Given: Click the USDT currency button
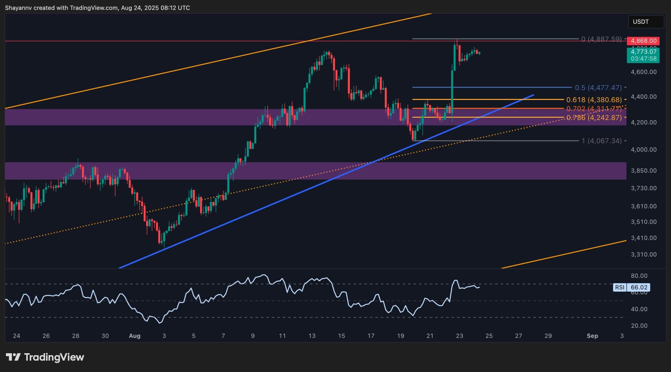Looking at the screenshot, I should coord(646,22).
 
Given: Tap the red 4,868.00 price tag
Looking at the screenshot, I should coord(643,41).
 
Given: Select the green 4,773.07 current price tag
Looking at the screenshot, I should coord(643,52).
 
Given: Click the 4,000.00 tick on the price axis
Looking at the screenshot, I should coord(643,149).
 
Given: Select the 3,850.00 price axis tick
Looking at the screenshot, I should coord(643,170).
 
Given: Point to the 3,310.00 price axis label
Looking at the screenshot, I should coord(643,254).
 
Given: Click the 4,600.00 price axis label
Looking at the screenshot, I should coord(643,72).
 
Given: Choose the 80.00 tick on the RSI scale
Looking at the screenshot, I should coord(639,276).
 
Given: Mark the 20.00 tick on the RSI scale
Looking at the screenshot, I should coord(639,326).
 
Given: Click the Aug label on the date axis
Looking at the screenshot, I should coord(134,336).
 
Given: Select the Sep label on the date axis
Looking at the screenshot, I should coord(592,336).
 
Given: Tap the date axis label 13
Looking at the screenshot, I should coord(312,336).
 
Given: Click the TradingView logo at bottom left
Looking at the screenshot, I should coord(45,357).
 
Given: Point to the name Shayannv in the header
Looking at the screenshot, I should coord(18,8).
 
